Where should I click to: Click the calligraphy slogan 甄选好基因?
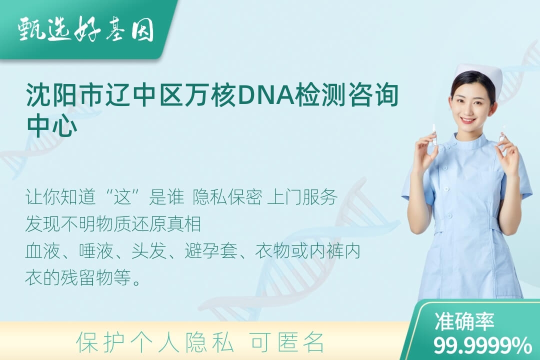[86, 29]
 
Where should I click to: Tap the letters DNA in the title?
[265, 95]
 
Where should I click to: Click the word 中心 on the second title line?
[52, 125]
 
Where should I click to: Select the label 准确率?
[464, 321]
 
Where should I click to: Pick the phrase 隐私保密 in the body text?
[227, 197]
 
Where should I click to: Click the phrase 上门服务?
[302, 197]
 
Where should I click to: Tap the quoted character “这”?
[123, 197]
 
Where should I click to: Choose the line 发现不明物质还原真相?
[113, 224]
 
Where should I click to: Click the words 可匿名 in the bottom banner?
[287, 342]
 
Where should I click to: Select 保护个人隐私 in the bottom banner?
[154, 342]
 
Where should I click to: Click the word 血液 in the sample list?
[43, 251]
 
